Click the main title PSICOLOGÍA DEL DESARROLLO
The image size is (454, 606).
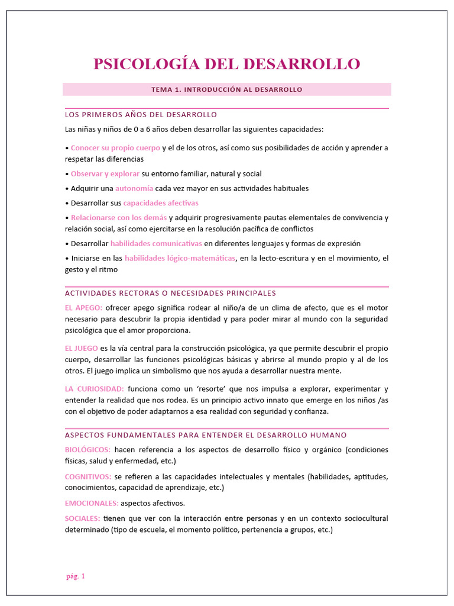[x=226, y=64]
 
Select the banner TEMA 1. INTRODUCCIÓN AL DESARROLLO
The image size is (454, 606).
[x=226, y=89]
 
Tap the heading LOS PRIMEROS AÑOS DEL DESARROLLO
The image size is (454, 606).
[x=141, y=114]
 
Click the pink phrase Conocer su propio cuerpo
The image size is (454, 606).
[x=115, y=147]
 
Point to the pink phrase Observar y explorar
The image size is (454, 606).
[x=105, y=174]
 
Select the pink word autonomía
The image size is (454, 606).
[x=134, y=188]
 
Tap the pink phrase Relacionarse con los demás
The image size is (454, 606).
[x=119, y=218]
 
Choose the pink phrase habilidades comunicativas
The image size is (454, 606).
[x=156, y=244]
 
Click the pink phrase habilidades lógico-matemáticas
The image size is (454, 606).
[x=180, y=258]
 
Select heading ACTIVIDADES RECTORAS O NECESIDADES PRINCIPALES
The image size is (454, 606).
[x=170, y=293]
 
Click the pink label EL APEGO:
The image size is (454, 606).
[x=83, y=308]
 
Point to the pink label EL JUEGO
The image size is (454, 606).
[x=82, y=348]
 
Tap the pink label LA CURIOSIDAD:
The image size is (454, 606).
[x=94, y=389]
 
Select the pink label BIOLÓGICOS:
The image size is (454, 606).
[x=87, y=450]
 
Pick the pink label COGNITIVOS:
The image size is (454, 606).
[x=88, y=476]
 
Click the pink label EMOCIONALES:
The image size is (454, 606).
[x=92, y=503]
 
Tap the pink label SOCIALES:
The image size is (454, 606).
[x=82, y=518]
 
